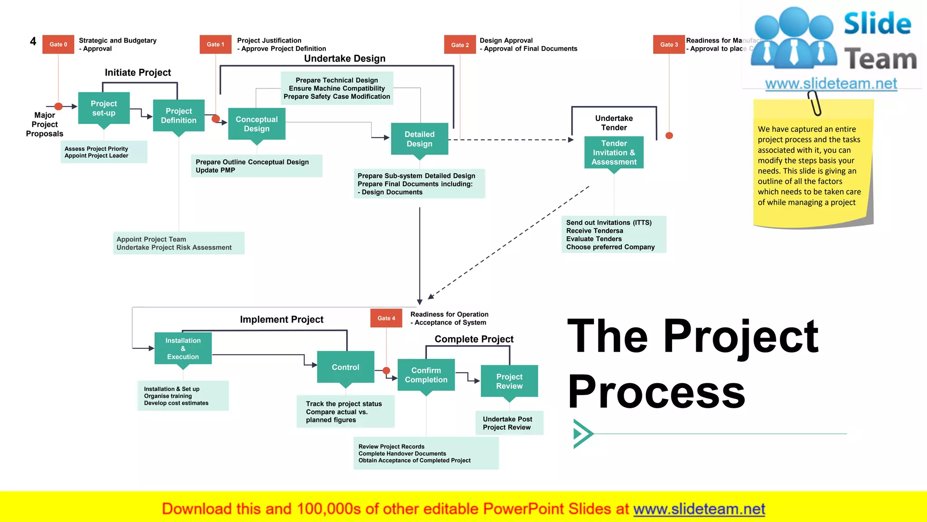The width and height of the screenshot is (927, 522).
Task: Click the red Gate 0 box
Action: pos(58,44)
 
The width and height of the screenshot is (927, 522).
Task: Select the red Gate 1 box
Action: pos(215,44)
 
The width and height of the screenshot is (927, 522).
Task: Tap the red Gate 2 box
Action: pos(460,45)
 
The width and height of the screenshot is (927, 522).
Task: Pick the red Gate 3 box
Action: pos(669,44)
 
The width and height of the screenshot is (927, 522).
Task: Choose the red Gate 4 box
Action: pos(386,318)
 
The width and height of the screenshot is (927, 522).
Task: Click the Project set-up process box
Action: pos(104,108)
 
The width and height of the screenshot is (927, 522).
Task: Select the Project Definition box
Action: pos(179,116)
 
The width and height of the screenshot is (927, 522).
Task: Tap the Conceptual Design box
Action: pos(257,124)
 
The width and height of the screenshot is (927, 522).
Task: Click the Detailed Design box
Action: pos(420,139)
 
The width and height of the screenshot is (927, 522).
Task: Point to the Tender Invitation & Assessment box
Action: pos(614,153)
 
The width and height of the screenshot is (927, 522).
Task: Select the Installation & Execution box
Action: pos(183,348)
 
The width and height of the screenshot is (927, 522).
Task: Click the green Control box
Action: pos(345,367)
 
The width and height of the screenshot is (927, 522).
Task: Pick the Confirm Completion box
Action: pos(426,375)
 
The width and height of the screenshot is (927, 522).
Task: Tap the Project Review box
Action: pos(509,381)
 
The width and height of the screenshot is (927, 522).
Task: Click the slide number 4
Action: pos(33,42)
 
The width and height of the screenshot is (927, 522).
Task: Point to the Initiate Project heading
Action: pos(138,72)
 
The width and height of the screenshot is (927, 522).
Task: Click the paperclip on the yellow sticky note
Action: pos(815,103)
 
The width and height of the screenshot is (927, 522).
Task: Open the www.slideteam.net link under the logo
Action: pos(831,84)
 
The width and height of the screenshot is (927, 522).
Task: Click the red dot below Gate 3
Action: pos(669,135)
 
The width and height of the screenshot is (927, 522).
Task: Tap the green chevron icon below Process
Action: pos(583,434)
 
